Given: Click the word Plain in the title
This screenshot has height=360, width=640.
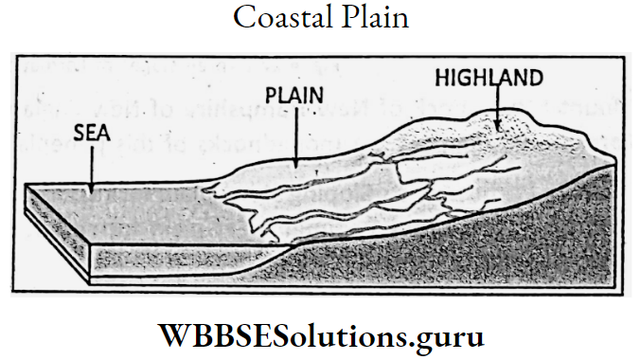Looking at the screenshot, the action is click(375, 19).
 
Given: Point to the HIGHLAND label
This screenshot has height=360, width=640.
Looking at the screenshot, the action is click(489, 77).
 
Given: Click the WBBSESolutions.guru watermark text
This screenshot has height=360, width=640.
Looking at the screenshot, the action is click(319, 335).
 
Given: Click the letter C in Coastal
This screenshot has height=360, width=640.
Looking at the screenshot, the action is click(240, 19).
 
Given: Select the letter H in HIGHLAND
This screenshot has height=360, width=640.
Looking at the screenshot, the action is click(442, 77).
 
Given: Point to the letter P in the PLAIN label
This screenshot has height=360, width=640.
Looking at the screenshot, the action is click(272, 97).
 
